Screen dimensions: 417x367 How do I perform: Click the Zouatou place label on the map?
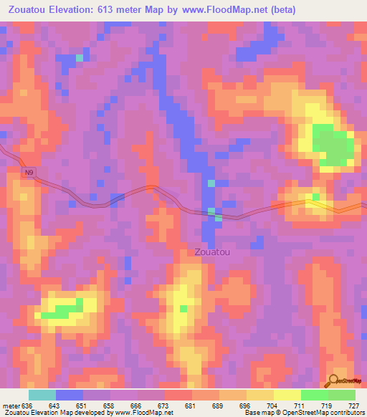(212, 252)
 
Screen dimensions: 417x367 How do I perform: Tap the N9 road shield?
(28, 173)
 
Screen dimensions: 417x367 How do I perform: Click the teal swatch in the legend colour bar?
(42, 395)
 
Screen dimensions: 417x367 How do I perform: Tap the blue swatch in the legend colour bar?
(70, 395)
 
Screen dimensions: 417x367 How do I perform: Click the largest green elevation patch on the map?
(333, 146)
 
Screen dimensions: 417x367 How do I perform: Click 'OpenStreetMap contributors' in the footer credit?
(325, 413)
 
